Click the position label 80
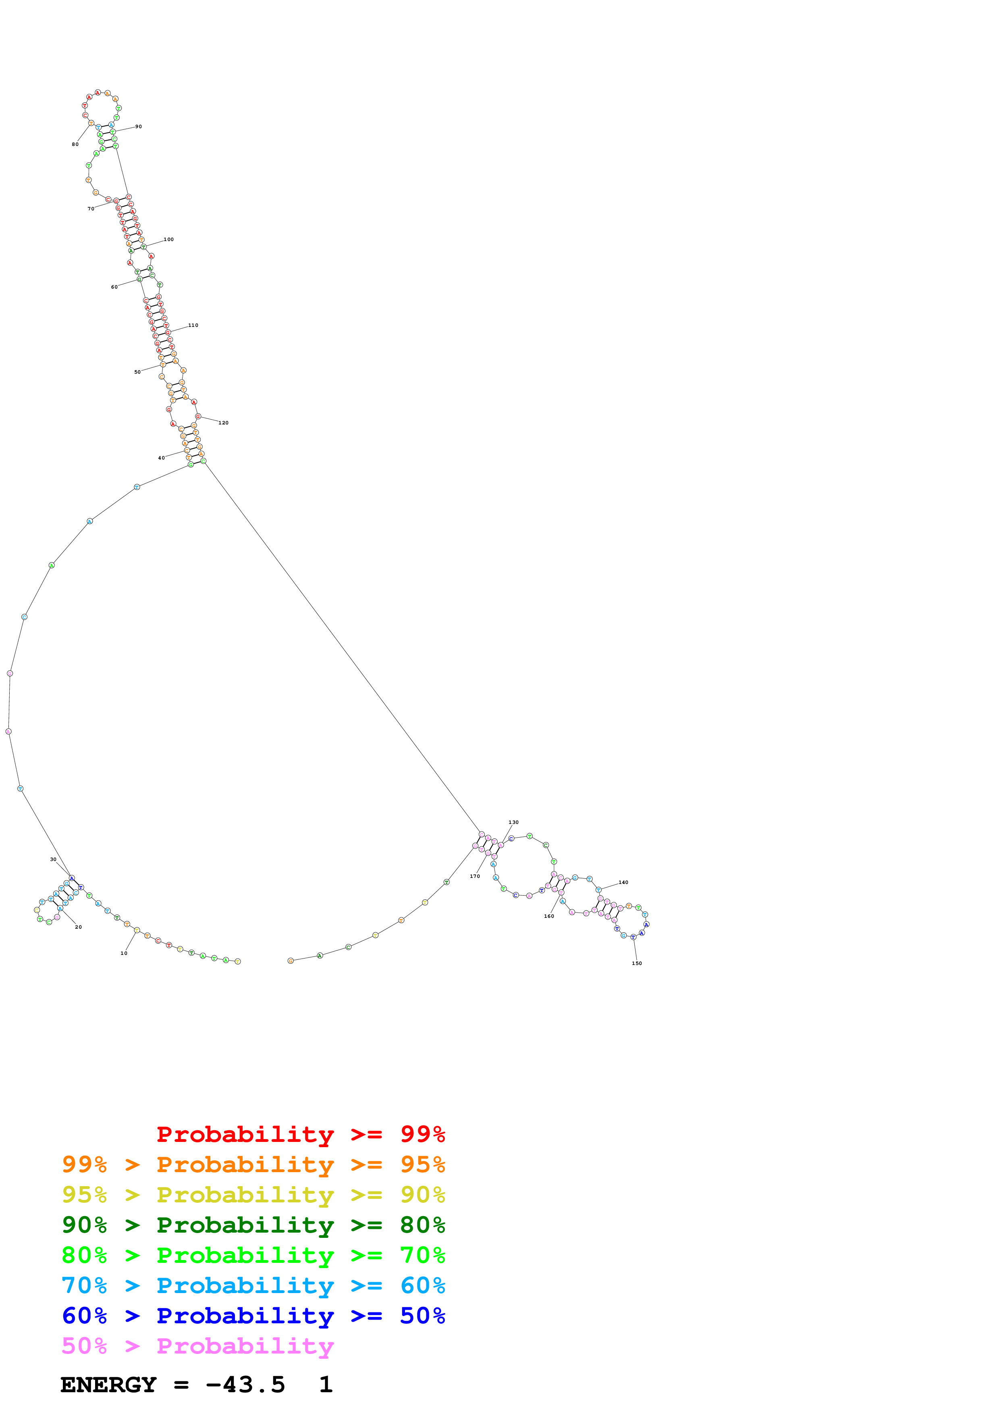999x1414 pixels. [75, 144]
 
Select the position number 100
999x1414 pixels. [169, 239]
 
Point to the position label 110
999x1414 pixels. [193, 325]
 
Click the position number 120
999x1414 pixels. [223, 423]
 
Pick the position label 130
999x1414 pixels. [513, 822]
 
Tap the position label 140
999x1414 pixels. [623, 882]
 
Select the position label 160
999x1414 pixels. [549, 916]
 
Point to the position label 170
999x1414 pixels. [475, 876]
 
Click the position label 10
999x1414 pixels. [124, 953]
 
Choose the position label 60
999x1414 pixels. [114, 287]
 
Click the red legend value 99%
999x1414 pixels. [422, 1134]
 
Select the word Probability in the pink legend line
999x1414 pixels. [245, 1346]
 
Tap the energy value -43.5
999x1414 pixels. [245, 1385]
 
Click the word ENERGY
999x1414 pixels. [108, 1385]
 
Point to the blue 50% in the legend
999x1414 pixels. [422, 1316]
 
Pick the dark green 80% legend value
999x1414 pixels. [422, 1225]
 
